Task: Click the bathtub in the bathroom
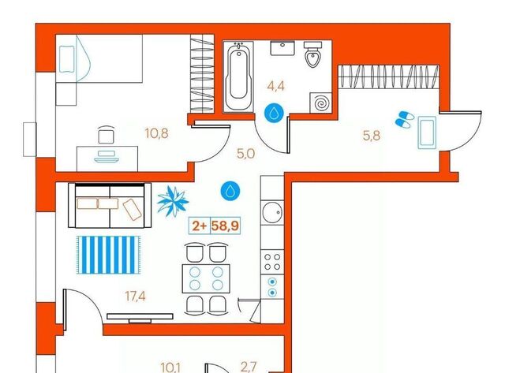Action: [x=238, y=76]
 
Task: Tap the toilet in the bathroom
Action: [x=312, y=54]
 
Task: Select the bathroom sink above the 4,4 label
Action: [x=282, y=48]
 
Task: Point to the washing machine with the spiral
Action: [x=320, y=103]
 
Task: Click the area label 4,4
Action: [x=276, y=86]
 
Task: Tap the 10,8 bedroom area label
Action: [x=156, y=133]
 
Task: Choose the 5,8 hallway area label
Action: [x=372, y=136]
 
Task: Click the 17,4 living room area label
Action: [x=135, y=296]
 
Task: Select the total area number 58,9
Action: [x=225, y=226]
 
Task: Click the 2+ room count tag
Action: [x=200, y=226]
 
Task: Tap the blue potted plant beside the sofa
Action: [x=173, y=201]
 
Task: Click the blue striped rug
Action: [x=109, y=255]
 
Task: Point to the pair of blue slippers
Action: [x=405, y=119]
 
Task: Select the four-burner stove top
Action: [x=272, y=262]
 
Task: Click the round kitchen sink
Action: [x=272, y=212]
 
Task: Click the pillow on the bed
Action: [x=67, y=59]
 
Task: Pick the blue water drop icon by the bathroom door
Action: [x=274, y=113]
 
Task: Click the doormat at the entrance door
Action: [x=427, y=132]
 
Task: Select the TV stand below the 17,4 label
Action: [x=140, y=317]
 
